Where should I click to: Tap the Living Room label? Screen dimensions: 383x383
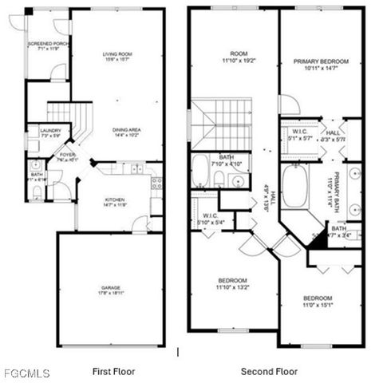pos(116,57)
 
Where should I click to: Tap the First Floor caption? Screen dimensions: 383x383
pos(113,371)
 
